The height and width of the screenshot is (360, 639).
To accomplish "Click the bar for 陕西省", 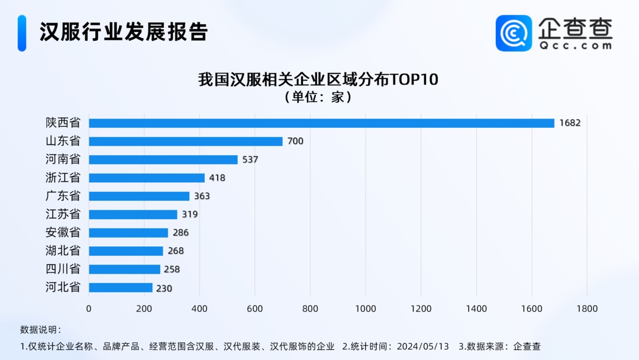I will point(321,123).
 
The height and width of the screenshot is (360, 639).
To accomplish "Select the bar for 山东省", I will point(186,142).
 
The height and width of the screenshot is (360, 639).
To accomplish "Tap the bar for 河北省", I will point(121,288).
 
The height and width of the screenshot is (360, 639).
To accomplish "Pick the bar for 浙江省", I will point(147,178).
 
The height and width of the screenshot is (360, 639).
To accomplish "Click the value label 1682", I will point(570,123).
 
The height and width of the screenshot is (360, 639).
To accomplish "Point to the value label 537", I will point(250,160).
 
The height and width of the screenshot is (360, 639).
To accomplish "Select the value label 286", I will point(180,233).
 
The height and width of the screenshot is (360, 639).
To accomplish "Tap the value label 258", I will point(172,269).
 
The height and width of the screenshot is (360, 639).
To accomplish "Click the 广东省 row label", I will point(63,196).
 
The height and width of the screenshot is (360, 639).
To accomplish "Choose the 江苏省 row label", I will point(63,214).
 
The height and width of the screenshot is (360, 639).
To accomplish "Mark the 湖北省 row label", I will point(63,251).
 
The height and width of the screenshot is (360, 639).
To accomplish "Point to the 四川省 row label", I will point(63,269).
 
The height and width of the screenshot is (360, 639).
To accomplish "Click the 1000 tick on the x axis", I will point(366,308).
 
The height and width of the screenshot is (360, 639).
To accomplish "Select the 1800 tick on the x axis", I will point(587,308).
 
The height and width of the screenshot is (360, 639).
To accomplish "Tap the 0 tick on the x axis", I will point(89,308).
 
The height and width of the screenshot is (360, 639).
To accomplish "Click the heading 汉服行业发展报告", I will point(124,32).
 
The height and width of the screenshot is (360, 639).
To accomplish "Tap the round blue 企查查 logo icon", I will point(514,33).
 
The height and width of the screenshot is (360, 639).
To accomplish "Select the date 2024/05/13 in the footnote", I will point(419,346).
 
